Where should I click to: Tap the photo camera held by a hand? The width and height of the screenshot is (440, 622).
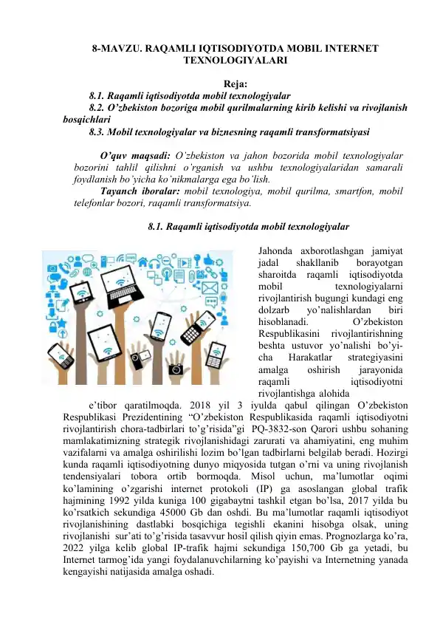[x=176, y=367]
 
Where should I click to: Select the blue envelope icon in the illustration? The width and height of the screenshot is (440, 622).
[x=210, y=288]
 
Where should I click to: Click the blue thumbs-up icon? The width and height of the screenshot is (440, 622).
[x=208, y=259]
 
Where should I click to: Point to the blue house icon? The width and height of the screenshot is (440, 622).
[x=142, y=261]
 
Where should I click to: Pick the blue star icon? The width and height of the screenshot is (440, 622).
[x=61, y=322]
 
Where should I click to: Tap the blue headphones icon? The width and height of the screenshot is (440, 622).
[x=154, y=262]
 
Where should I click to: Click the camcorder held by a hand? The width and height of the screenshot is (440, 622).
[x=139, y=357]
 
